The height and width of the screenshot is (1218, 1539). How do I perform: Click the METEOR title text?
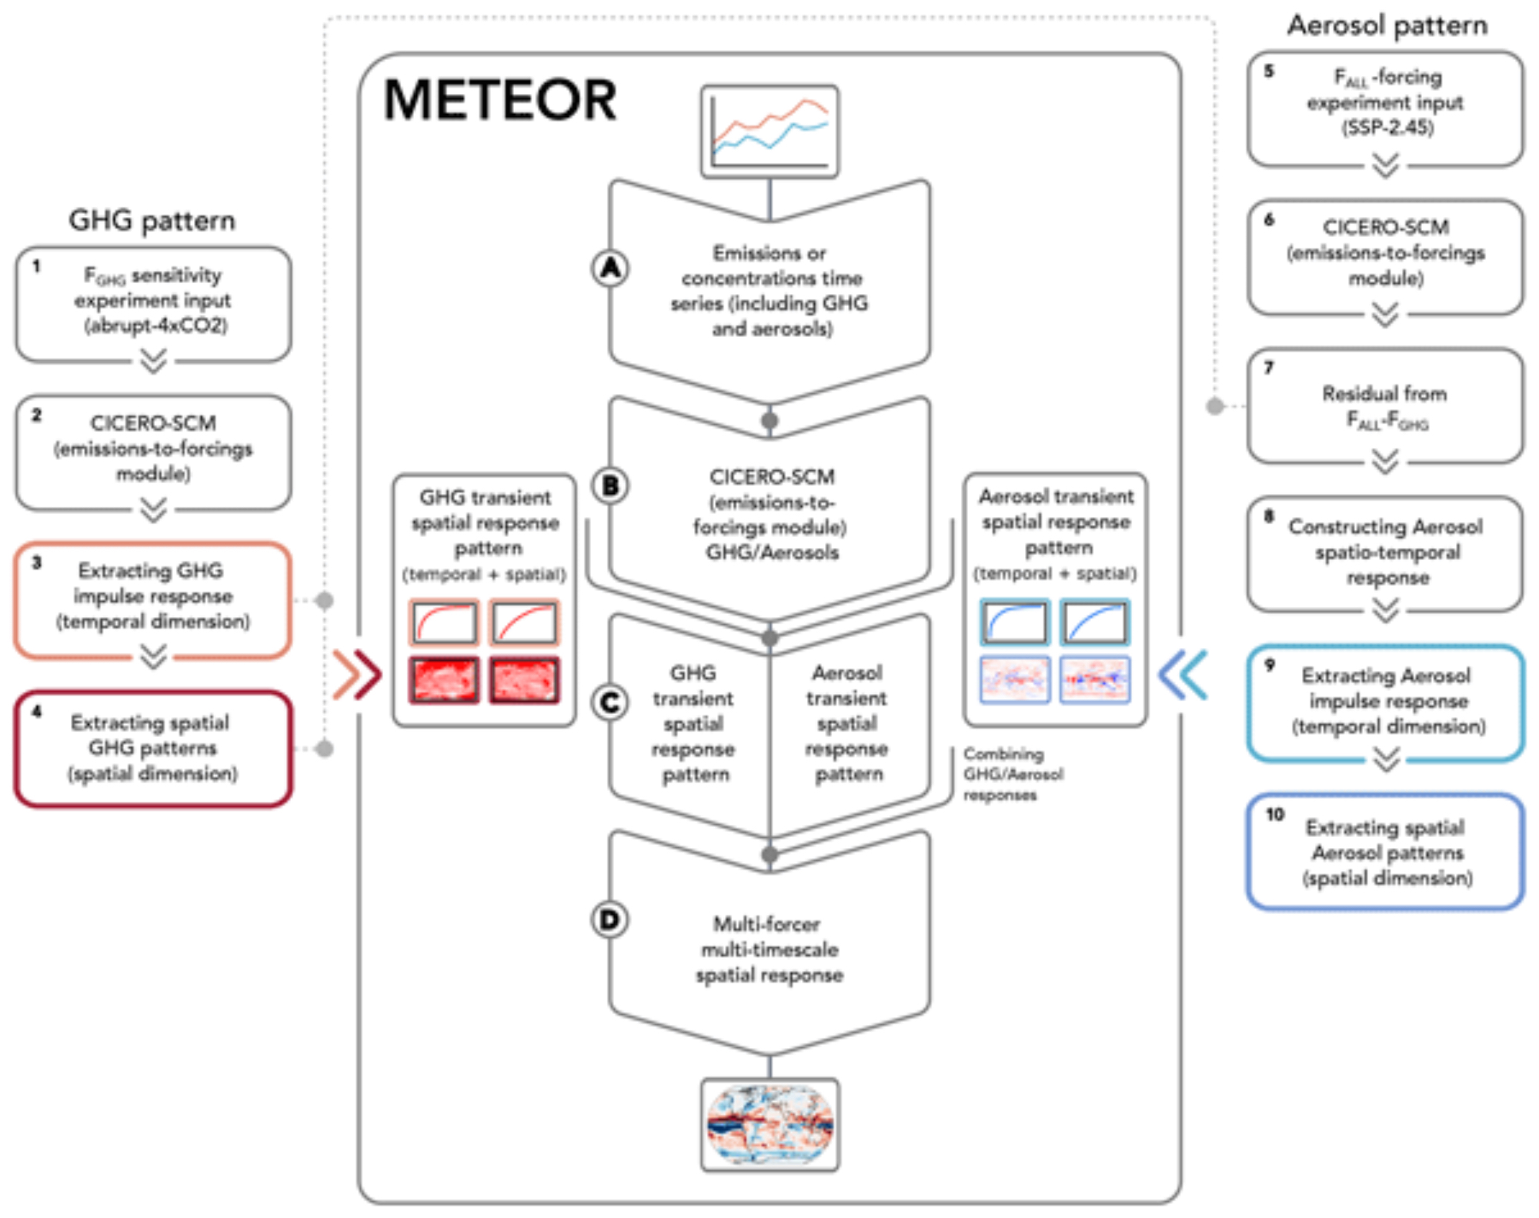500,100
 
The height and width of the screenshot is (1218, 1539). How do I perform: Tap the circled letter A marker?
610,269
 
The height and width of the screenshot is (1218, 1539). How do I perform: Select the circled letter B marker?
610,486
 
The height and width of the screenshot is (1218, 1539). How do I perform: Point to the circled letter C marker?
610,702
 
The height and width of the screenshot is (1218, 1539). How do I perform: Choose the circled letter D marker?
609,919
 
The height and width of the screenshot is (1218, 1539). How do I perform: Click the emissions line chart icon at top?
769,132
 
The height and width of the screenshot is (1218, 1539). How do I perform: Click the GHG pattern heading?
152,221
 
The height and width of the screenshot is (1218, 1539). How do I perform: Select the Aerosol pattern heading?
1387,25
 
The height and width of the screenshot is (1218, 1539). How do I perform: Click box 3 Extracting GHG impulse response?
153,596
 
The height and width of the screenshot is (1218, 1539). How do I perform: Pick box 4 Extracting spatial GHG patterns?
153,748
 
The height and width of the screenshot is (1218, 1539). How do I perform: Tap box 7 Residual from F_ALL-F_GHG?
1385,406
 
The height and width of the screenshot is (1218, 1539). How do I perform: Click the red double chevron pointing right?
357,676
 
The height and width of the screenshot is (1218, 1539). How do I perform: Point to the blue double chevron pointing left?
1183,676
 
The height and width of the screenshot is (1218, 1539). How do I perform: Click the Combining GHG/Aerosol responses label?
1012,774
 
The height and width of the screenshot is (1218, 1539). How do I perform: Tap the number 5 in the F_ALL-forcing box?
1269,71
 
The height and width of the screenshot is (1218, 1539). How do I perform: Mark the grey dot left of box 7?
1215,406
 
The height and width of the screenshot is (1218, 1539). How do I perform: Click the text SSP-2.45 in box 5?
1387,128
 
